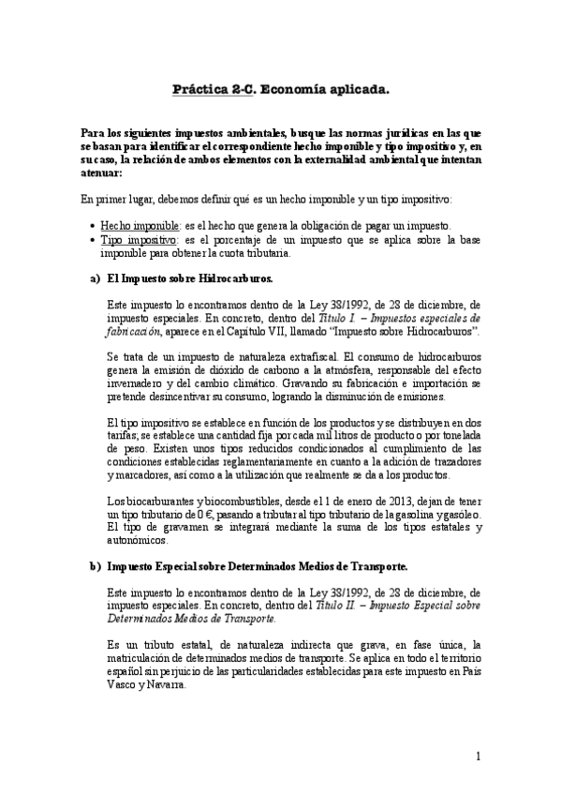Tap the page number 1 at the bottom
[x=478, y=756]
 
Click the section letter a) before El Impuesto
[x=96, y=279]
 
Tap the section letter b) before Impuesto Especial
[x=96, y=567]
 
